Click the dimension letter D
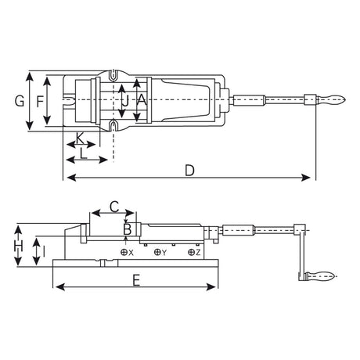coord(190,169)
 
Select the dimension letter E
coord(137,279)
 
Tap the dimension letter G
coord(20,101)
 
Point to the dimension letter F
coord(40,101)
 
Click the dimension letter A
coord(141,99)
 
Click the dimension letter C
coord(113,207)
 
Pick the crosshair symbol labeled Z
coord(191,253)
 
